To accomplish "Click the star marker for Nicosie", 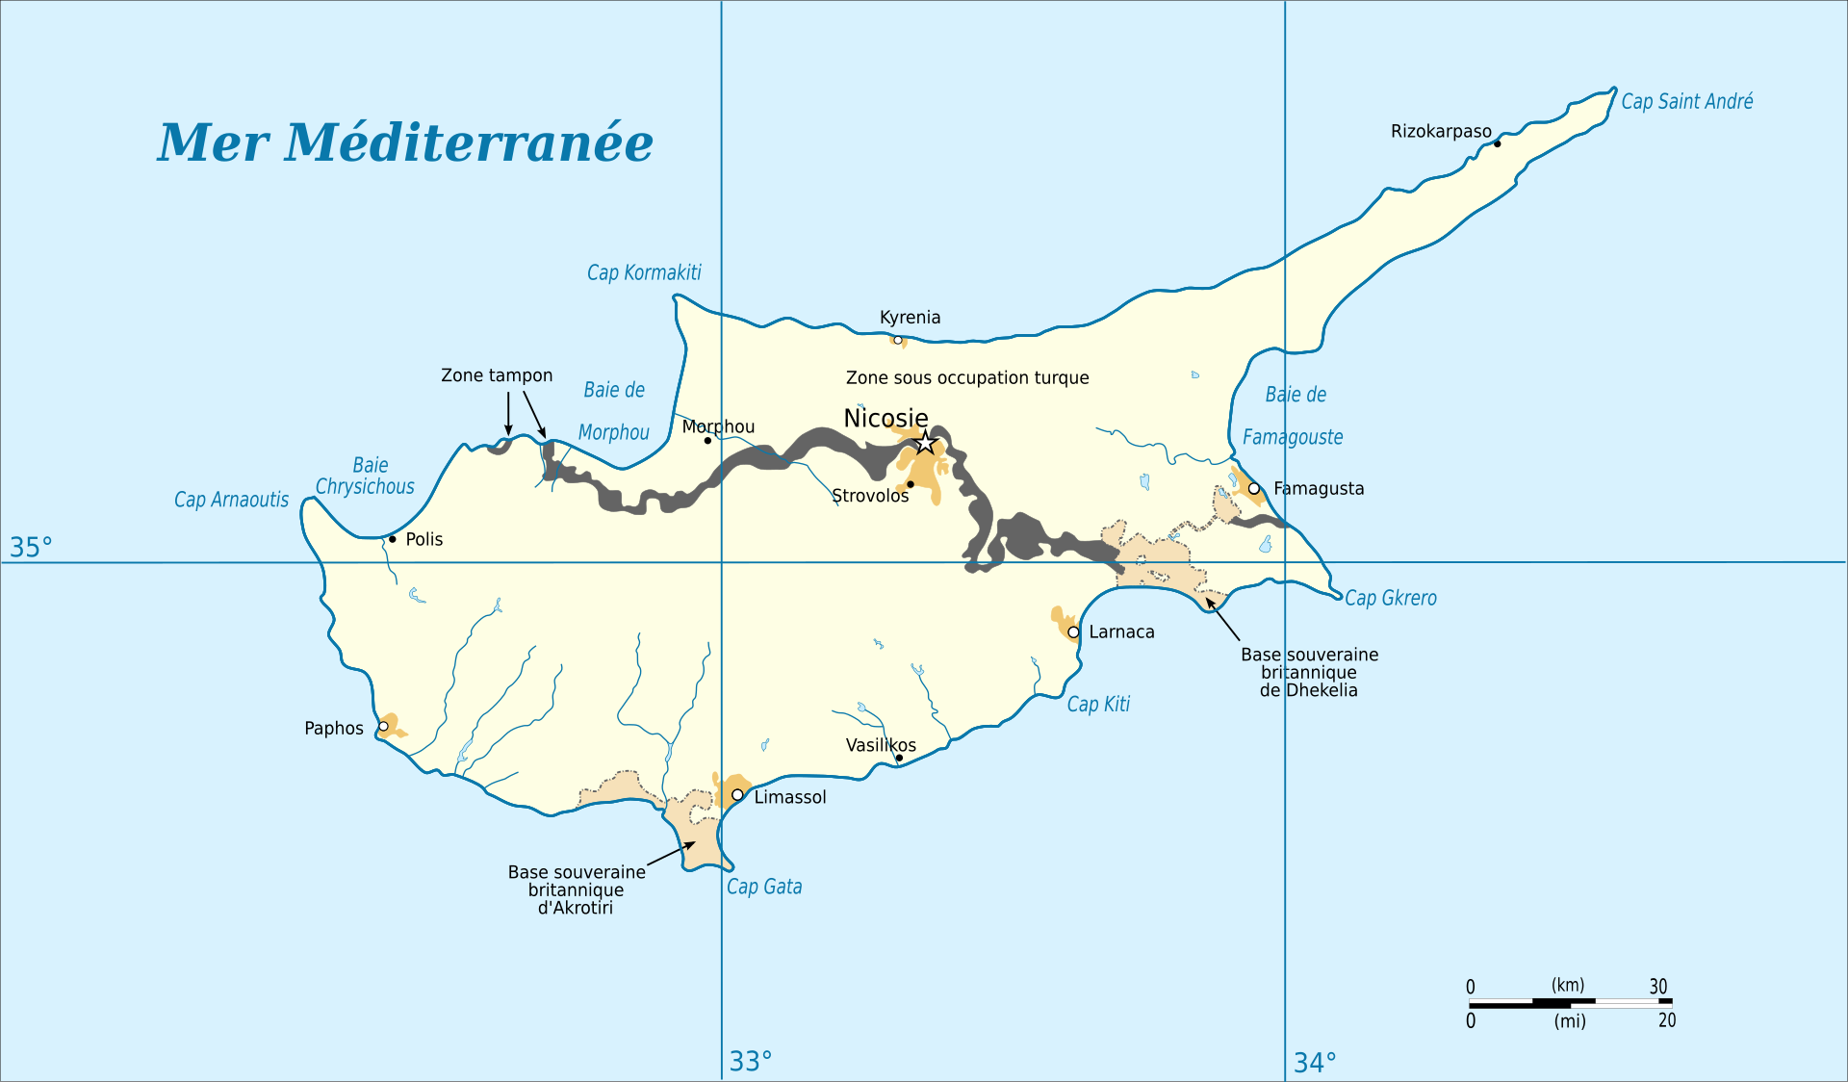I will (x=925, y=443).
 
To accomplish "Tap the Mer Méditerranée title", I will (x=405, y=142).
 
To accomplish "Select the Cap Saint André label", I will (x=1686, y=101).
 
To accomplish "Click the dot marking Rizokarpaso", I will (x=1497, y=143).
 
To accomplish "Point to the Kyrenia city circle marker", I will (x=898, y=340).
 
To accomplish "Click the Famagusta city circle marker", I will (x=1254, y=489).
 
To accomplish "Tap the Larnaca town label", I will (x=1121, y=632).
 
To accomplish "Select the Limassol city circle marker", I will (x=737, y=795).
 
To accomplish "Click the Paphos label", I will (x=333, y=729).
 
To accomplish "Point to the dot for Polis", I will (x=393, y=539).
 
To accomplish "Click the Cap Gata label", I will (x=764, y=887).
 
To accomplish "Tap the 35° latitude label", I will (x=31, y=548).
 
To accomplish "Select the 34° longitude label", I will (x=1315, y=1063).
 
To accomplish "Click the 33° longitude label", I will (x=750, y=1061).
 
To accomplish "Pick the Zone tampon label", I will (x=497, y=375).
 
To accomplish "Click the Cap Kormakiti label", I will (x=644, y=273).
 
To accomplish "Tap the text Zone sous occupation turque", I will (x=967, y=378).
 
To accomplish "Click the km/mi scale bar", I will (x=1570, y=1003).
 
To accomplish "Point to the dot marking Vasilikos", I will (x=899, y=758).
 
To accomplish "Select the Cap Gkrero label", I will (x=1390, y=598).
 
